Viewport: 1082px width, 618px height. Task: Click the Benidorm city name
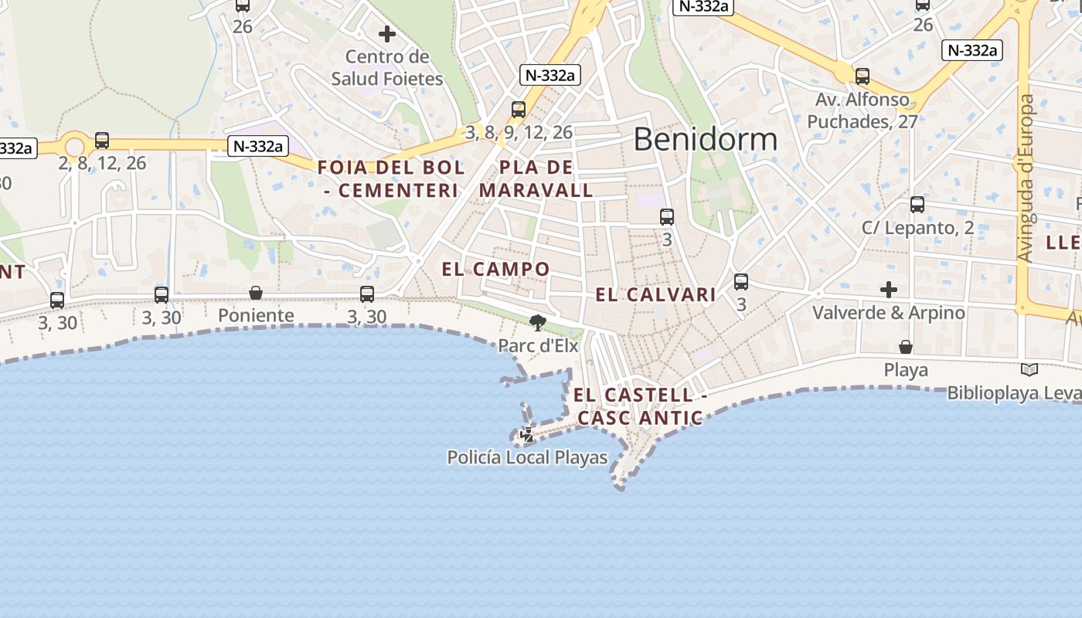705,139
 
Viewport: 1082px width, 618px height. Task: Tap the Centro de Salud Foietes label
387,68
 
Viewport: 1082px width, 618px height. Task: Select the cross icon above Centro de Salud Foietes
387,34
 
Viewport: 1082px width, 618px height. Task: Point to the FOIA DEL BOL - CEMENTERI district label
391,178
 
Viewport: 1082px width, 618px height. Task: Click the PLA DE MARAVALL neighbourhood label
536,178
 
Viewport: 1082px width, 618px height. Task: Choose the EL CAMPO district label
495,270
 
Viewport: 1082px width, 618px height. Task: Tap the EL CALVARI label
655,294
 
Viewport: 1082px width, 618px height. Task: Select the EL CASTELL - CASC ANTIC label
639,406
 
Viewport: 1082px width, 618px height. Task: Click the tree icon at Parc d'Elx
538,322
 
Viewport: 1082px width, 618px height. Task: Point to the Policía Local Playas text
528,457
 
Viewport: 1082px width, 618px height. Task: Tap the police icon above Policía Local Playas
527,435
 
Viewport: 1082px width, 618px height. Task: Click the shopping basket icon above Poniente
256,293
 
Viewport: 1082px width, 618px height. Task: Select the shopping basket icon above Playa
905,347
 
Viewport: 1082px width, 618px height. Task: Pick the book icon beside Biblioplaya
1029,370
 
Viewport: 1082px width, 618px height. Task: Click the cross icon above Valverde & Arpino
889,290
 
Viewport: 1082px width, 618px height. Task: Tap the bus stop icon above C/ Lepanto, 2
917,205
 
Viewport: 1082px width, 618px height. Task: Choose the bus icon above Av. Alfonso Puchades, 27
863,76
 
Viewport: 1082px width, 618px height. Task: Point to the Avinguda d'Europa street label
1026,178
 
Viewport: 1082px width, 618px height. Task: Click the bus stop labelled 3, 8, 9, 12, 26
519,110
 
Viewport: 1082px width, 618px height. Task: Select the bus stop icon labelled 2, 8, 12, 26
102,141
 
